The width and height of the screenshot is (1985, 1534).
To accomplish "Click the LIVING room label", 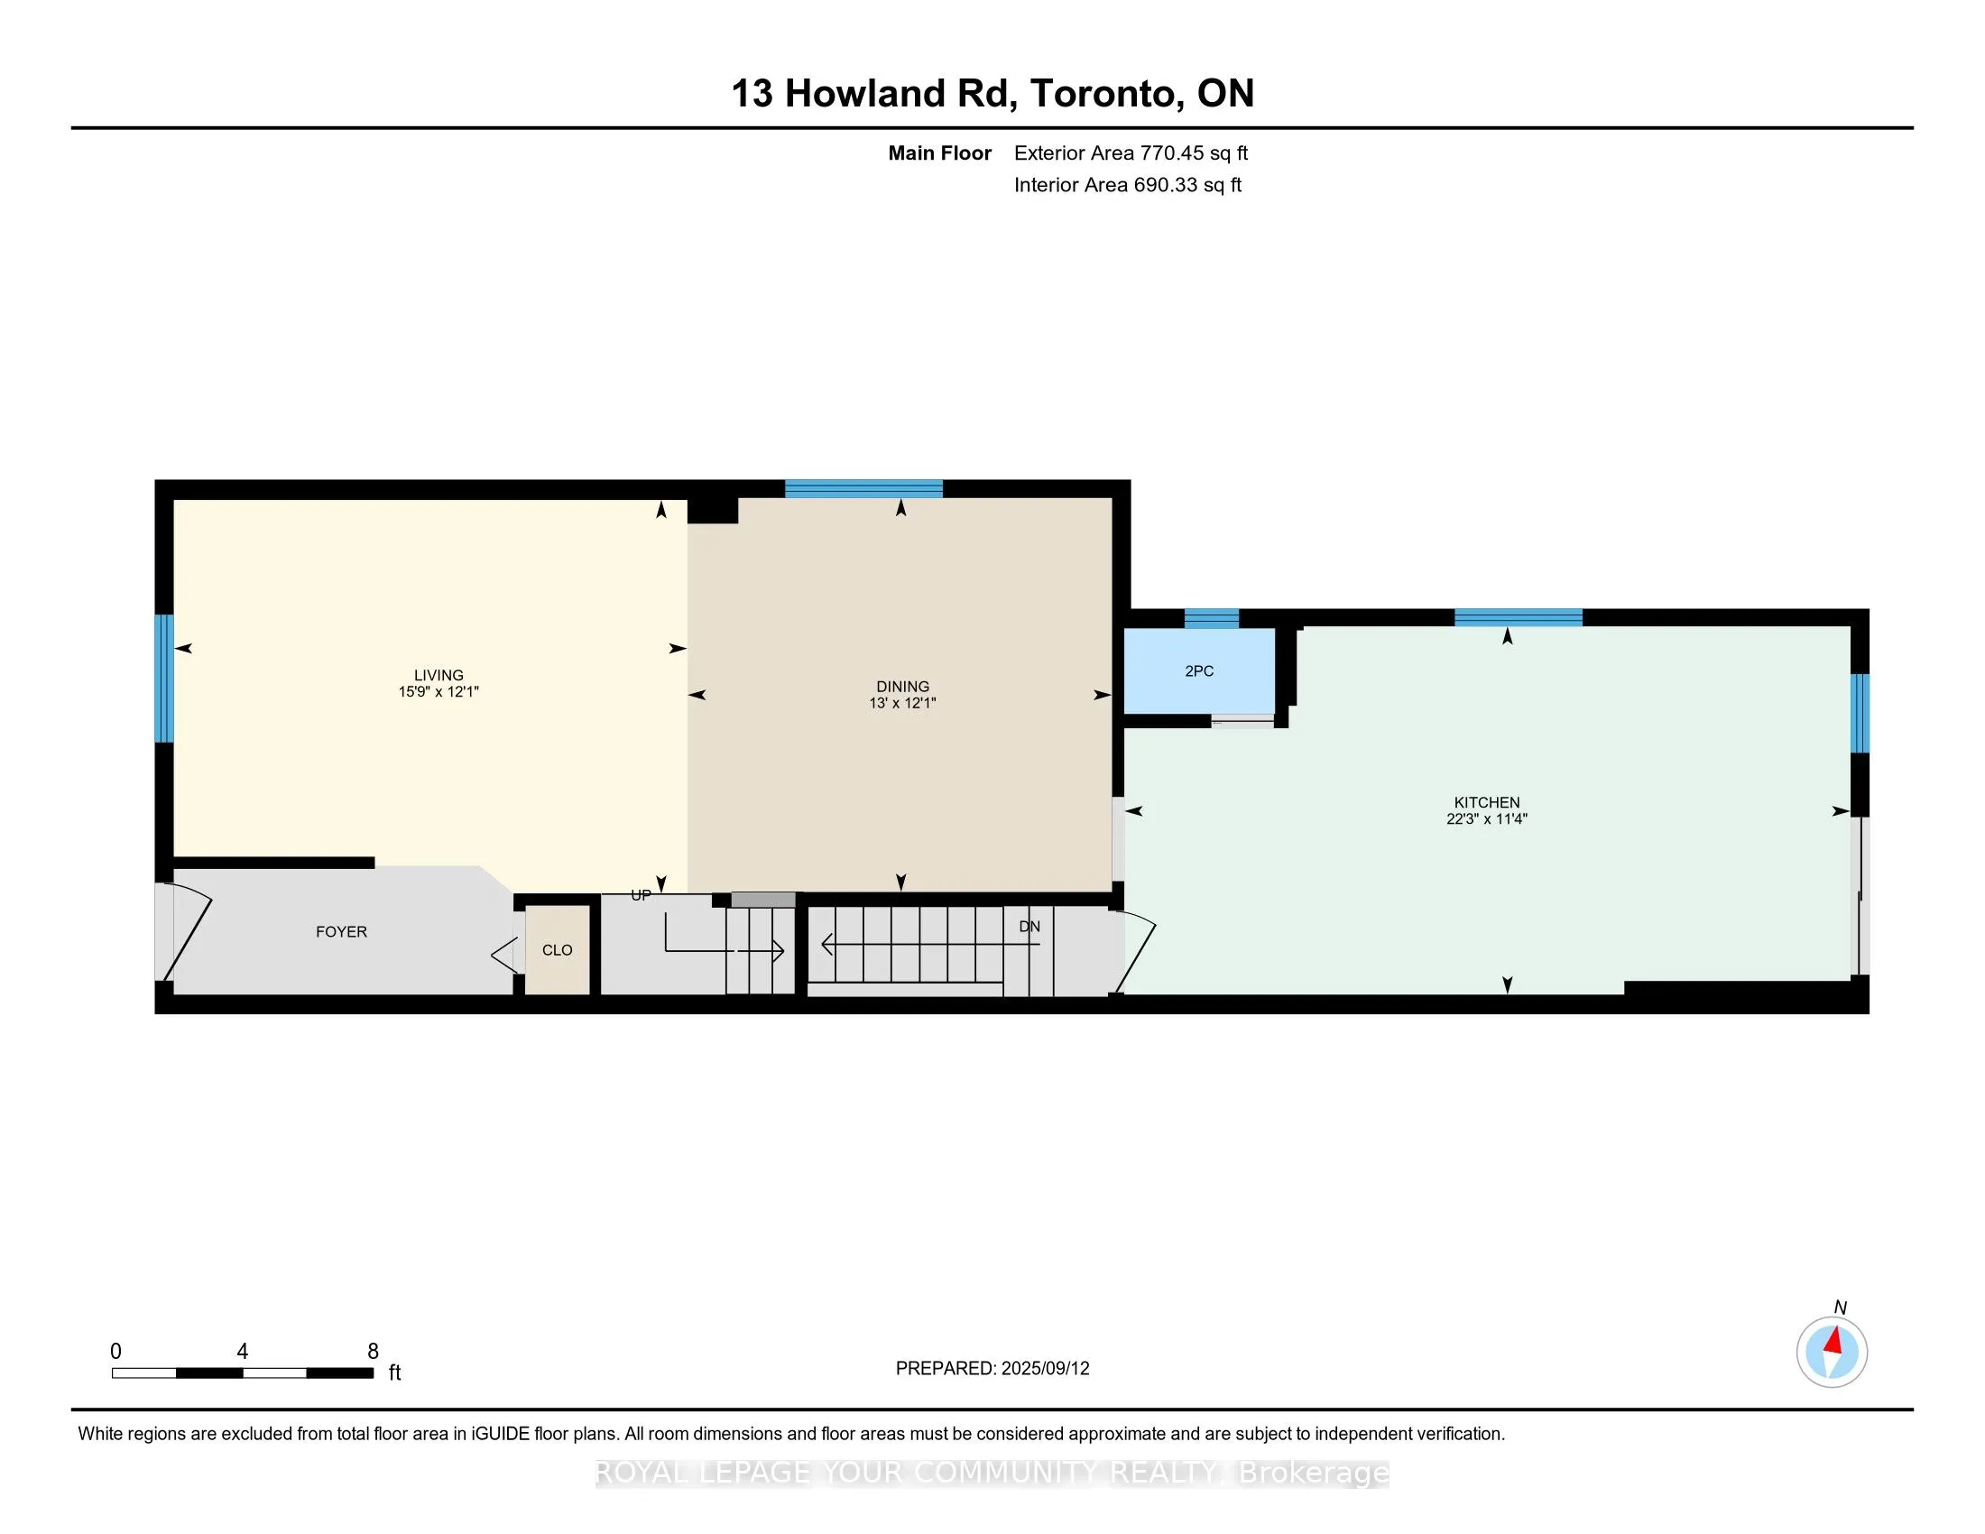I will [439, 674].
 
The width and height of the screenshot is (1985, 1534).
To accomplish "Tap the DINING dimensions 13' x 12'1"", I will [901, 702].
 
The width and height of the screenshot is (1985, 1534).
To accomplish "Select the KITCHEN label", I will [1486, 801].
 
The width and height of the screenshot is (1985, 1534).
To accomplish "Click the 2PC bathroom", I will [1199, 670].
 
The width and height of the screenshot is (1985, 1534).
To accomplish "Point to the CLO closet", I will [557, 949].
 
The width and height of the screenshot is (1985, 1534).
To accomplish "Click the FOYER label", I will [341, 931].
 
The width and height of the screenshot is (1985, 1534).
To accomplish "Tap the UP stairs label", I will [641, 895].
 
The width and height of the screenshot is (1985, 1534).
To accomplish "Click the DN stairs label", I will [1029, 926].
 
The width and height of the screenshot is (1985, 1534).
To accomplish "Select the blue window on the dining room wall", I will [863, 489].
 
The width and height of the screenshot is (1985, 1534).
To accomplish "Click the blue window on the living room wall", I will [163, 678].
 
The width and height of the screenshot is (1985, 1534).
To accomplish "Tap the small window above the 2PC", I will [1211, 619].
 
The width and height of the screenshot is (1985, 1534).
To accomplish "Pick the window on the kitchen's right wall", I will [1860, 713].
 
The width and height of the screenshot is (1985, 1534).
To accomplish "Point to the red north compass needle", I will [1834, 1340].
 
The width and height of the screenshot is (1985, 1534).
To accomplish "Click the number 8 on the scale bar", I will [373, 1351].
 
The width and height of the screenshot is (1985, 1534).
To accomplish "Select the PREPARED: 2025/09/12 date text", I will [992, 1368].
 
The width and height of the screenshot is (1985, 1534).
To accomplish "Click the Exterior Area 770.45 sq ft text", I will [1131, 152].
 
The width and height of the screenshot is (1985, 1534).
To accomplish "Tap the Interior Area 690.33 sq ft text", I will [1127, 184].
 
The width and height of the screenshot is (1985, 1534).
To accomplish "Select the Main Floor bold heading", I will [939, 152].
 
